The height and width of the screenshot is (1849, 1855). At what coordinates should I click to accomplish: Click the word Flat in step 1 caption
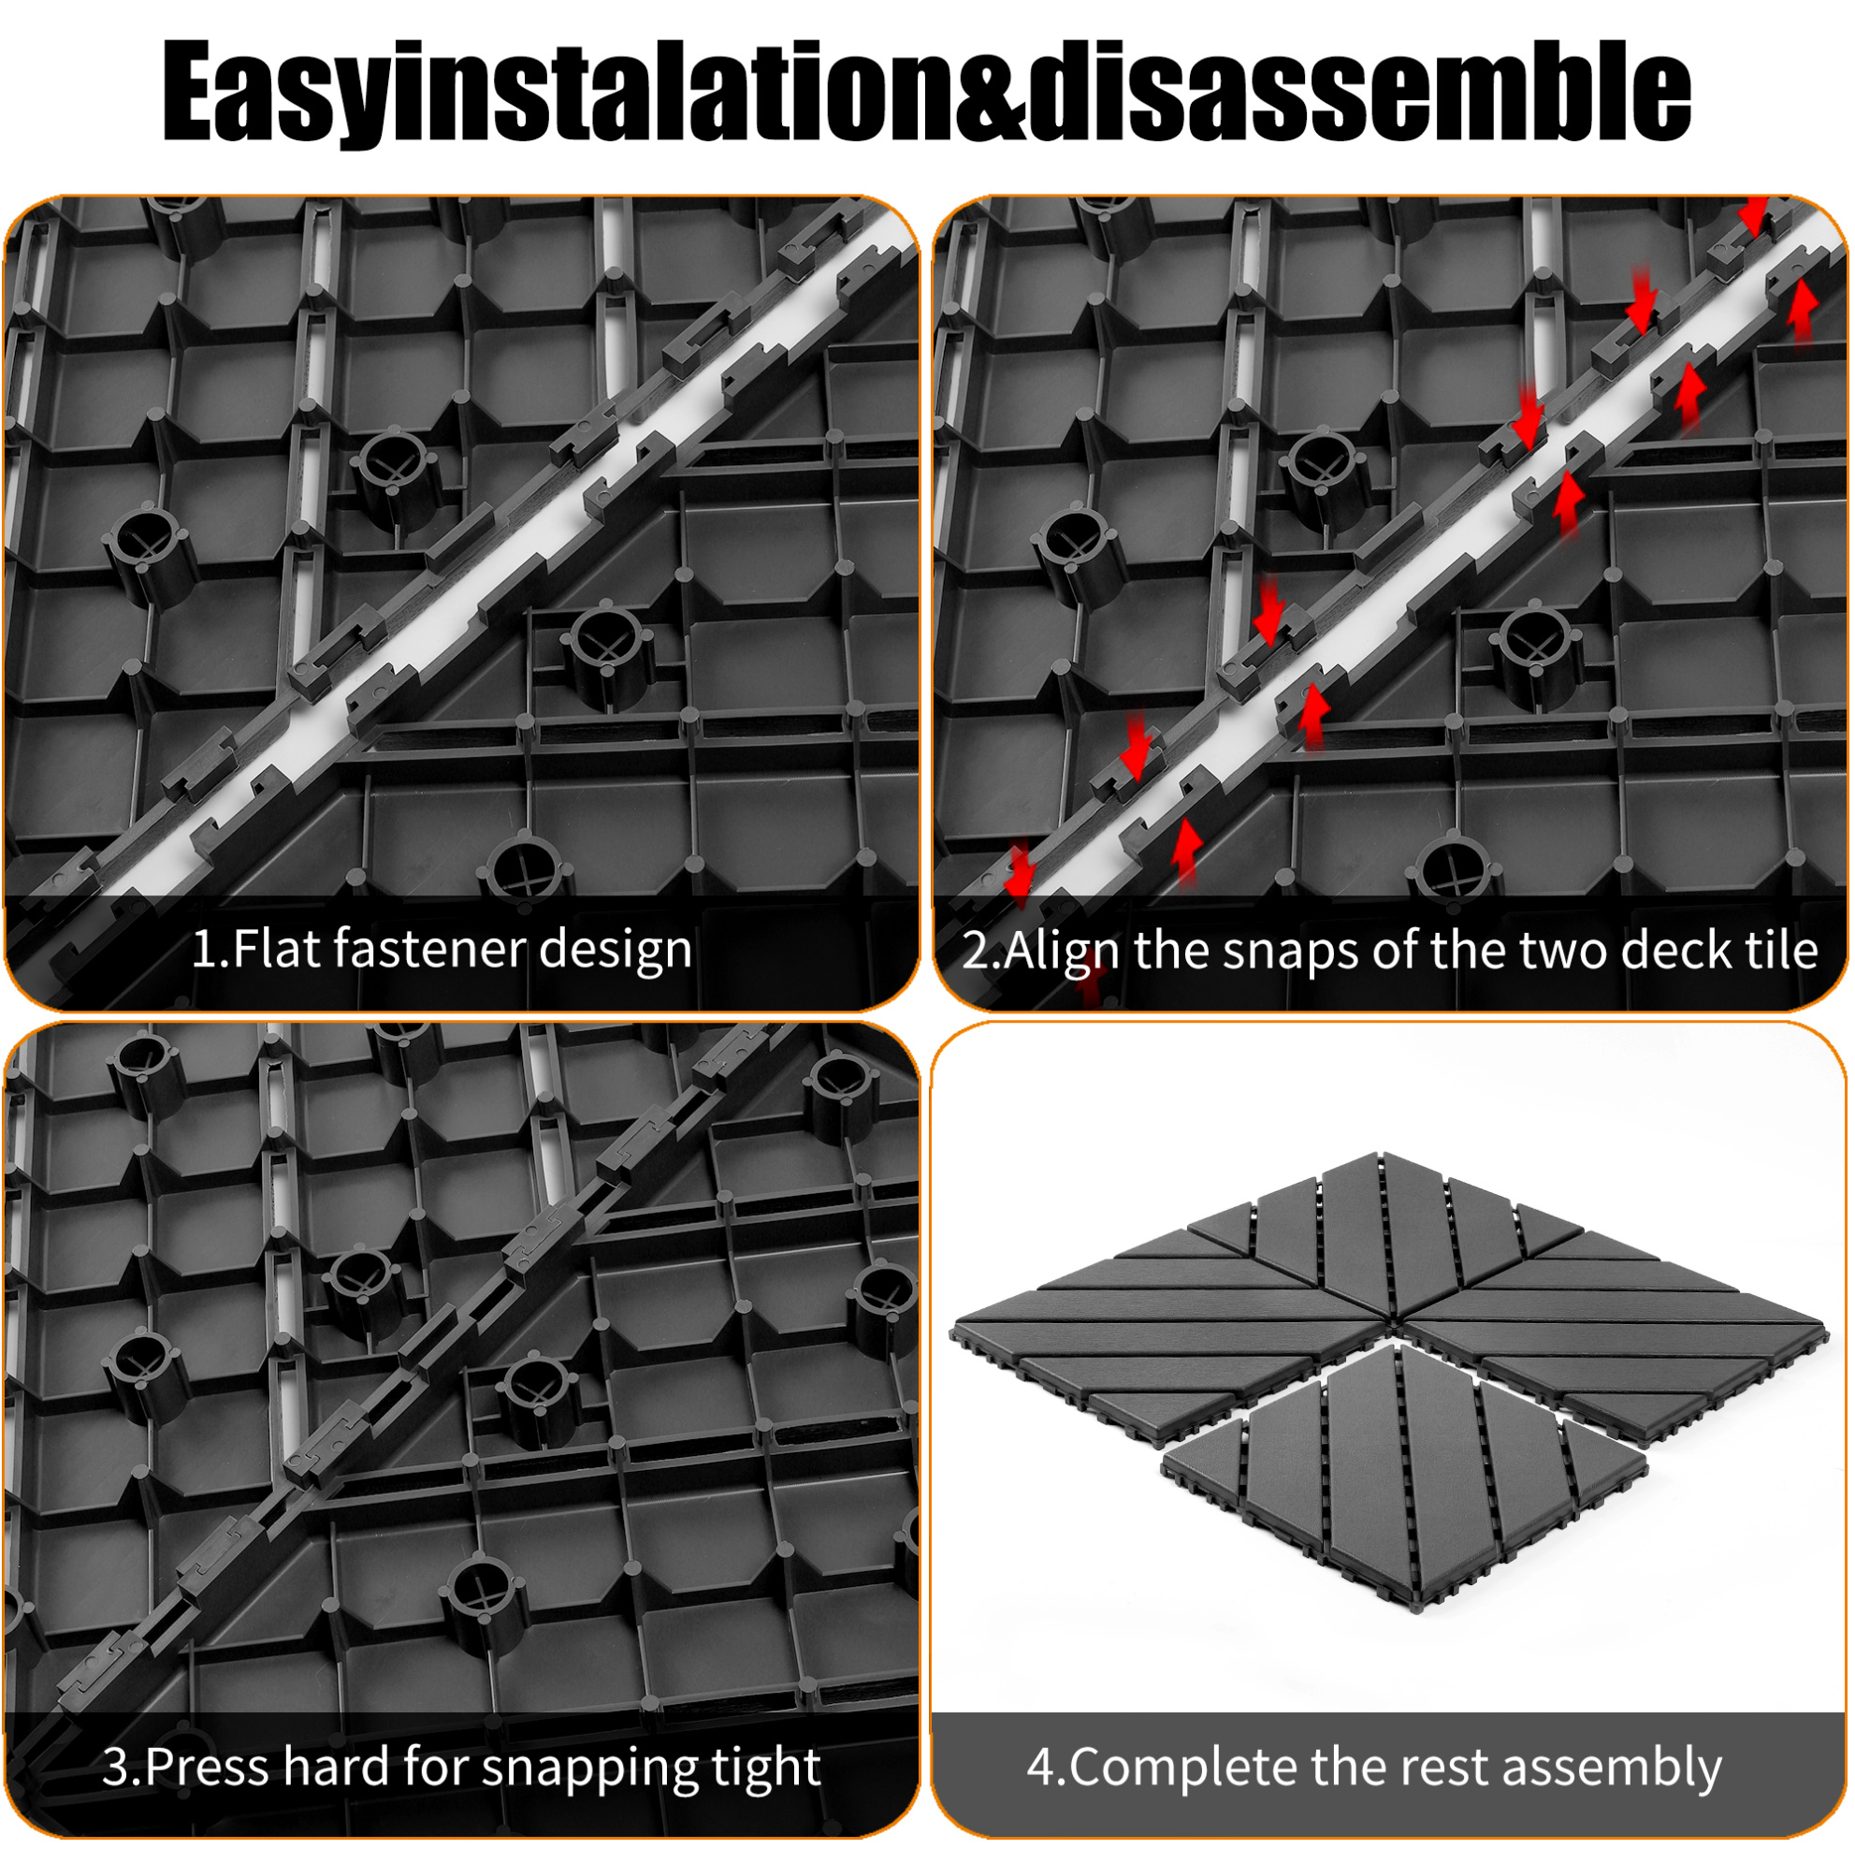point(278,950)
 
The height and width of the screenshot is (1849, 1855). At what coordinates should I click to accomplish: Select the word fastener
point(429,950)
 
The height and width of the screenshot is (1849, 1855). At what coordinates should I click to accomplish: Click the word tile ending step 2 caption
point(1779,950)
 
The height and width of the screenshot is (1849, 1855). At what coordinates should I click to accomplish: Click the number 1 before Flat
point(206,950)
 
